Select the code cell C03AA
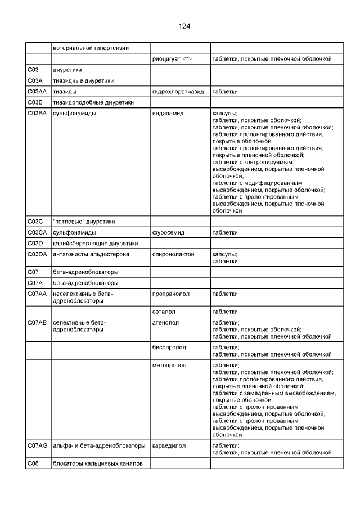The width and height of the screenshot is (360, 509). click(37, 91)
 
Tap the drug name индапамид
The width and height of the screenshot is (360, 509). click(168, 114)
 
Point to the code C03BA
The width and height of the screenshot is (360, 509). click(37, 114)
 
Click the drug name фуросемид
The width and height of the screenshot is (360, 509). click(168, 232)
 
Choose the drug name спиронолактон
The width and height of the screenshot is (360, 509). click(173, 254)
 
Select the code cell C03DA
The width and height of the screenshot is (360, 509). click(37, 254)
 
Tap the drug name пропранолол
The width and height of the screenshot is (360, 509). click(170, 294)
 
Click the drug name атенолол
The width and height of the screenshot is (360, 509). click(165, 322)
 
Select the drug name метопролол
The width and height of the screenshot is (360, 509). click(169, 365)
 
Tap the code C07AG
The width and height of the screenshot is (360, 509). click(37, 445)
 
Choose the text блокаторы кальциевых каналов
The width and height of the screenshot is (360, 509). click(98, 463)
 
